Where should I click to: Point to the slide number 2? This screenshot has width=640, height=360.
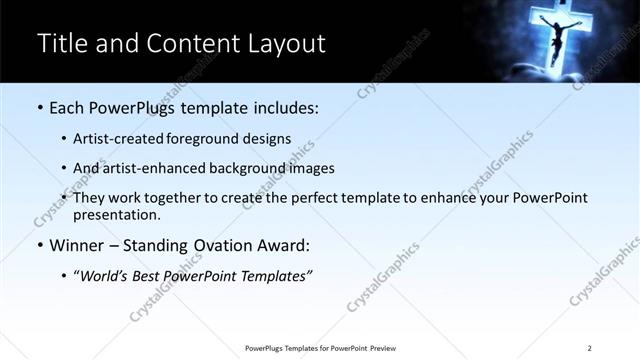pos(590,348)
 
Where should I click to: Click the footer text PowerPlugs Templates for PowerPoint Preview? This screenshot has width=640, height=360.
pos(320,348)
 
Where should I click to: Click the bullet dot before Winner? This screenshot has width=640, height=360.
pos(39,246)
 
